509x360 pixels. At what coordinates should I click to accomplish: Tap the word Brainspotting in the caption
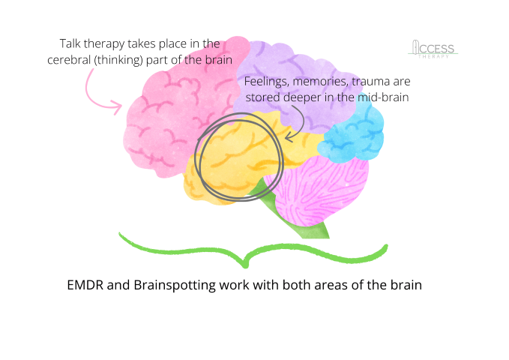[x=169, y=286]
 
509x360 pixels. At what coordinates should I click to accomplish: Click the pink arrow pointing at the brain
[x=98, y=92]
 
